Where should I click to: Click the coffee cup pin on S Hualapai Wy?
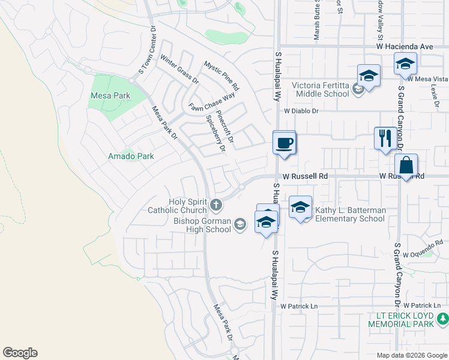coord(285,143)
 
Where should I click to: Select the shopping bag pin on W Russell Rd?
coord(406,165)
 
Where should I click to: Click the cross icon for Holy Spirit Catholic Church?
coord(216,206)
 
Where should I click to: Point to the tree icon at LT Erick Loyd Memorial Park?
coord(442,318)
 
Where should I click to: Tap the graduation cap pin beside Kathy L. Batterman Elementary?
coord(300,208)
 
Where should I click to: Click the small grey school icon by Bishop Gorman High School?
coord(240,225)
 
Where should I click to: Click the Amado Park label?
coord(131,156)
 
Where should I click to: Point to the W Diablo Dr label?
coord(301,111)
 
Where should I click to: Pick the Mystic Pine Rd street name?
coord(221,76)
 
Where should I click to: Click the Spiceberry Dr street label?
coord(215,133)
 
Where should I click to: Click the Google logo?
coord(20,353)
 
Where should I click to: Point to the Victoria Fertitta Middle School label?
coord(321,89)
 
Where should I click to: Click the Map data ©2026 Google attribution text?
coord(411,355)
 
